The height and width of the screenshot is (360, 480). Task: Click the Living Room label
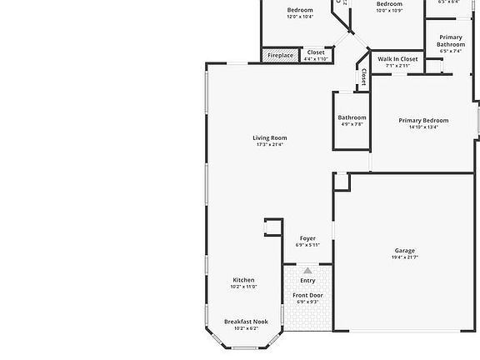[270, 137]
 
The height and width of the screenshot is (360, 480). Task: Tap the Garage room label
[405, 251]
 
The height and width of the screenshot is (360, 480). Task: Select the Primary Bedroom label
[423, 121]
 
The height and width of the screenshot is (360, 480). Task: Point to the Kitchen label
[243, 280]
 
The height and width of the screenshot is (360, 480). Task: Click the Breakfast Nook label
[246, 321]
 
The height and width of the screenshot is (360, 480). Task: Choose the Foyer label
[307, 238]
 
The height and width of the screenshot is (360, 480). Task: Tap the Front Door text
[307, 295]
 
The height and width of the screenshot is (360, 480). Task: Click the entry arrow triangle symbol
[307, 271]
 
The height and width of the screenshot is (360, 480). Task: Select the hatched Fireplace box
[280, 56]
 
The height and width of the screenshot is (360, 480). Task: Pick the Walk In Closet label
[397, 59]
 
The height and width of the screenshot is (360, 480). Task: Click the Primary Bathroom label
[451, 40]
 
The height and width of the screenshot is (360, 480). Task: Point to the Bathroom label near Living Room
[352, 117]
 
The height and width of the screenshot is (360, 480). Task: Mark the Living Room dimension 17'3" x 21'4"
[270, 145]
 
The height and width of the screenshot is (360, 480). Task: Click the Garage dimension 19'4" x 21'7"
[405, 257]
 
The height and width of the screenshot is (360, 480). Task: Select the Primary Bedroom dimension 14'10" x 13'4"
[423, 127]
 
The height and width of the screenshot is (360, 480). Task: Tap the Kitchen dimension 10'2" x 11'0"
[243, 287]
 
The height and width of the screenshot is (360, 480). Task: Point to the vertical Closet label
[363, 76]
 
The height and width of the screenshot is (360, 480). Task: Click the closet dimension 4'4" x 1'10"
[316, 59]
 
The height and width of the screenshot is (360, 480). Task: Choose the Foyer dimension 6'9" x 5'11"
[307, 245]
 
